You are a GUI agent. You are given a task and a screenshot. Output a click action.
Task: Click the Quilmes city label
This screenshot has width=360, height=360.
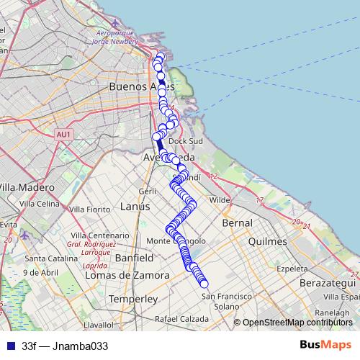point(267,242)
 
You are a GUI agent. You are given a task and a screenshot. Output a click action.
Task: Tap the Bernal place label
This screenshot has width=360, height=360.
point(238,223)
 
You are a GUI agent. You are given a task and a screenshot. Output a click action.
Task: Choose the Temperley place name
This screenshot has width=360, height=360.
point(132,298)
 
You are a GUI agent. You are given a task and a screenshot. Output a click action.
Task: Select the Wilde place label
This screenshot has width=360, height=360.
point(218,200)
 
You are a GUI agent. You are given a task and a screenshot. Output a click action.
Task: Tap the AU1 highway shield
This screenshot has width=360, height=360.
point(63,134)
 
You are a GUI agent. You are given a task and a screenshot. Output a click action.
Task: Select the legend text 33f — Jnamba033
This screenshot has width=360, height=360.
point(65,346)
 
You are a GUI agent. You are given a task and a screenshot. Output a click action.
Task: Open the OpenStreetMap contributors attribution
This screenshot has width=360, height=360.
point(297,323)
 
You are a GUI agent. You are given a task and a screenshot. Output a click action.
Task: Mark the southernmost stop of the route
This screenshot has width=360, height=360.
point(204,283)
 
